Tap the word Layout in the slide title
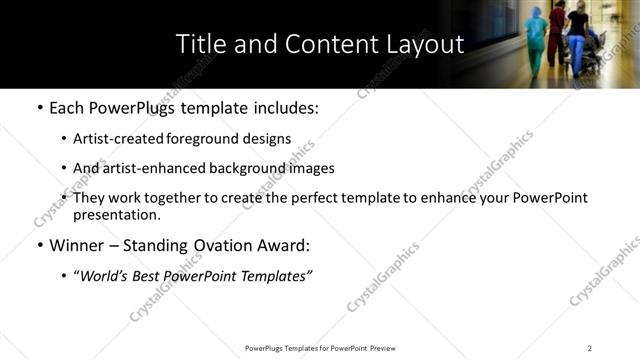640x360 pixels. pos(428,44)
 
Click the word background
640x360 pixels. pos(239,168)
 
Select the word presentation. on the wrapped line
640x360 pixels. pos(116,214)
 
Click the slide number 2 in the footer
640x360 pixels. pos(590,348)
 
